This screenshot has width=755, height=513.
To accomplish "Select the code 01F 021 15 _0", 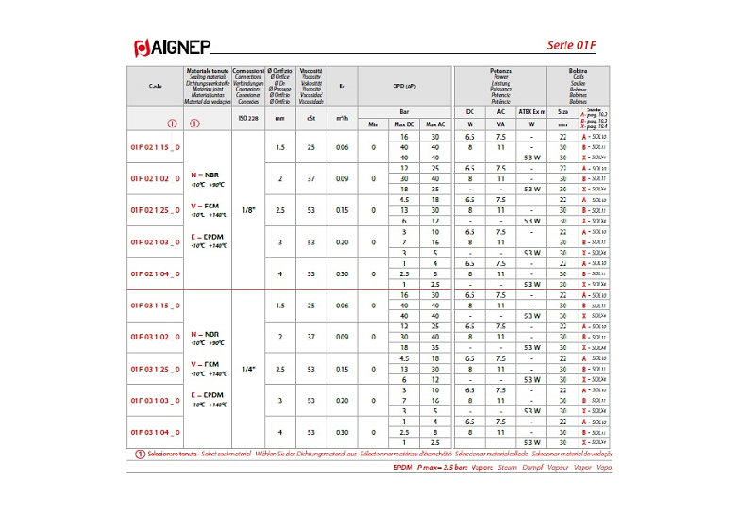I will (x=155, y=148).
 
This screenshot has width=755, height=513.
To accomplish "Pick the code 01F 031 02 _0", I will (x=155, y=337).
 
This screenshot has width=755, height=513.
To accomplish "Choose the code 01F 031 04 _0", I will (x=155, y=432).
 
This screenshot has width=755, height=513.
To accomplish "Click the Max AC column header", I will (x=435, y=124).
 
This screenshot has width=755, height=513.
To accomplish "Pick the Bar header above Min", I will (x=405, y=111).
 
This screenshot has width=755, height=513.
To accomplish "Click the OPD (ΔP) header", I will (x=405, y=85).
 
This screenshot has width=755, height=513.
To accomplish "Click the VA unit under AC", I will (x=500, y=124).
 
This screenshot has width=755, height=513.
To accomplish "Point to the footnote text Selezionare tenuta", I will (x=162, y=455).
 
